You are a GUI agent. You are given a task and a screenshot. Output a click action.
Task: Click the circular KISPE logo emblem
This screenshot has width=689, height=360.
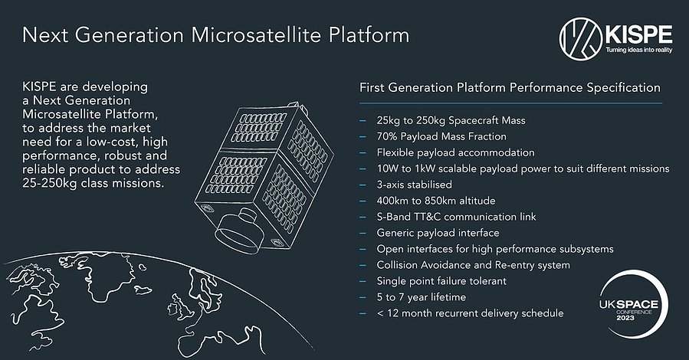(x=580, y=38)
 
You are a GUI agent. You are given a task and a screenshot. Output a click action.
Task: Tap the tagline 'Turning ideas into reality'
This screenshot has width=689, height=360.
(x=639, y=50)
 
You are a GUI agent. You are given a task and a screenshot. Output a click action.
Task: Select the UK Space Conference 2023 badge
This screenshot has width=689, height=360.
(x=633, y=304)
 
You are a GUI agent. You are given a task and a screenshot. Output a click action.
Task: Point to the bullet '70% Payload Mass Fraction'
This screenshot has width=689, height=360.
(x=441, y=136)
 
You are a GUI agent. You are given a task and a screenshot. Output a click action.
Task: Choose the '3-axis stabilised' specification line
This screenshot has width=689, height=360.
(x=414, y=185)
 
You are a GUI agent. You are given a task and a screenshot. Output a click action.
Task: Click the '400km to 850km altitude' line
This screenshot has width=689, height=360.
(x=436, y=201)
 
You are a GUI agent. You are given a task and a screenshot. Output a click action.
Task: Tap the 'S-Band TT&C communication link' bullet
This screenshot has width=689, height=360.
(x=456, y=217)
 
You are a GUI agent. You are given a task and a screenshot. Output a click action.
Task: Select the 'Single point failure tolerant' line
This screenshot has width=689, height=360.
(x=441, y=281)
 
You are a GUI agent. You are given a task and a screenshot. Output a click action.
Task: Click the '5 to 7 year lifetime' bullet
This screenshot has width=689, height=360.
(x=421, y=297)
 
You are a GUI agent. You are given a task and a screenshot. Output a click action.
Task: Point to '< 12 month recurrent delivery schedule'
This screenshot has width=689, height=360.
(x=470, y=313)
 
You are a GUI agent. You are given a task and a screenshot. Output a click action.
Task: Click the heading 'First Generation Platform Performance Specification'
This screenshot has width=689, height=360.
(x=510, y=88)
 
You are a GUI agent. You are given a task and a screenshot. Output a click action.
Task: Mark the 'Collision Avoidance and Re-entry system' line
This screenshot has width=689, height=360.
(x=473, y=265)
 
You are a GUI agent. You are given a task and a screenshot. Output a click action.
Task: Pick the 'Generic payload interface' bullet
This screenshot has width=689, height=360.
(x=438, y=233)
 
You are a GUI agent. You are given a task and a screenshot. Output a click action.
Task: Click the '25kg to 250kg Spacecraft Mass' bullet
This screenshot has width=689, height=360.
(x=451, y=120)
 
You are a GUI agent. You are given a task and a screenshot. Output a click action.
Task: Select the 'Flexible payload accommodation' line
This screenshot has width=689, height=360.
(x=455, y=152)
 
